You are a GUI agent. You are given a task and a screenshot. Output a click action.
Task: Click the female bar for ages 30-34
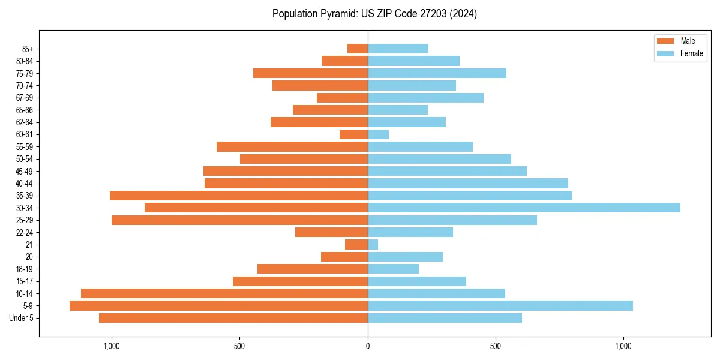click(524, 208)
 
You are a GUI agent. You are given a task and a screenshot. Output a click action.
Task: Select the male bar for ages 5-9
click(218, 306)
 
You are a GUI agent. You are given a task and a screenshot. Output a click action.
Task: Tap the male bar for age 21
click(356, 245)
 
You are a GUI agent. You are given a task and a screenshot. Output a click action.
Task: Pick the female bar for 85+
click(398, 49)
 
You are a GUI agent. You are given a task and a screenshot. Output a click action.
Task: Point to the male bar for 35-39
click(239, 196)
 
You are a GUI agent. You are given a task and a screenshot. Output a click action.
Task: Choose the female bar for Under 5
click(445, 318)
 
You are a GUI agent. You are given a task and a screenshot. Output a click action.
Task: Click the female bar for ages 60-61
click(378, 134)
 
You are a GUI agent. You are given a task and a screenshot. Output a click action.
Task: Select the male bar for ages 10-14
click(224, 293)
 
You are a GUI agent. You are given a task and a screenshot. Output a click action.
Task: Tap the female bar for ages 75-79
click(437, 73)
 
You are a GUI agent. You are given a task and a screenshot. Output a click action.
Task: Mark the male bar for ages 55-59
click(292, 146)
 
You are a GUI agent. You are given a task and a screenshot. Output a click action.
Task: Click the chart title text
click(374, 14)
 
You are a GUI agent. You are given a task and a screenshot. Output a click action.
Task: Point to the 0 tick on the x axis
click(368, 346)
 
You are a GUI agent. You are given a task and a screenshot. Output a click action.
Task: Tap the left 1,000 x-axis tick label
click(112, 346)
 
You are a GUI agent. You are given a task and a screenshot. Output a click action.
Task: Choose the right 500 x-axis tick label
click(496, 346)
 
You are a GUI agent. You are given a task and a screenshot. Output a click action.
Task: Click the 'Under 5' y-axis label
click(21, 318)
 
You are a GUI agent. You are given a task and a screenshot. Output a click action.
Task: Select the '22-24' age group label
click(25, 233)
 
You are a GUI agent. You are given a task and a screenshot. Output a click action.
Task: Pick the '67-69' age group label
click(25, 98)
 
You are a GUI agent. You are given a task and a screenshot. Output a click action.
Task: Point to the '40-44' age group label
click(25, 184)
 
